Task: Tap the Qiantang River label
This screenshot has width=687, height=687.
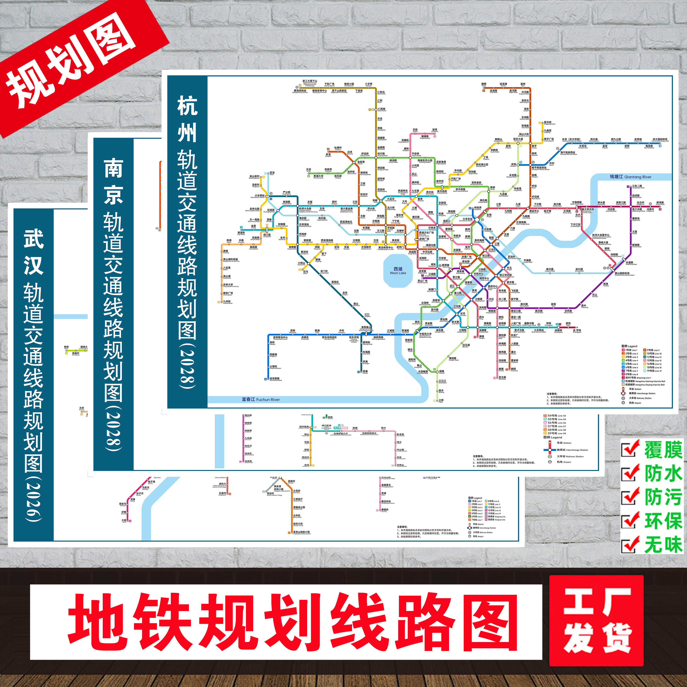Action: click(630, 177)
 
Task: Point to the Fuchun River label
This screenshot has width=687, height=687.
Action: click(261, 399)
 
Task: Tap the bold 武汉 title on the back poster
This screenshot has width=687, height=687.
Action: click(34, 252)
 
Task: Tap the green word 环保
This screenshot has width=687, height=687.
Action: click(663, 521)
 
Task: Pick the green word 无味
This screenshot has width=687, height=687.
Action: click(663, 545)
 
